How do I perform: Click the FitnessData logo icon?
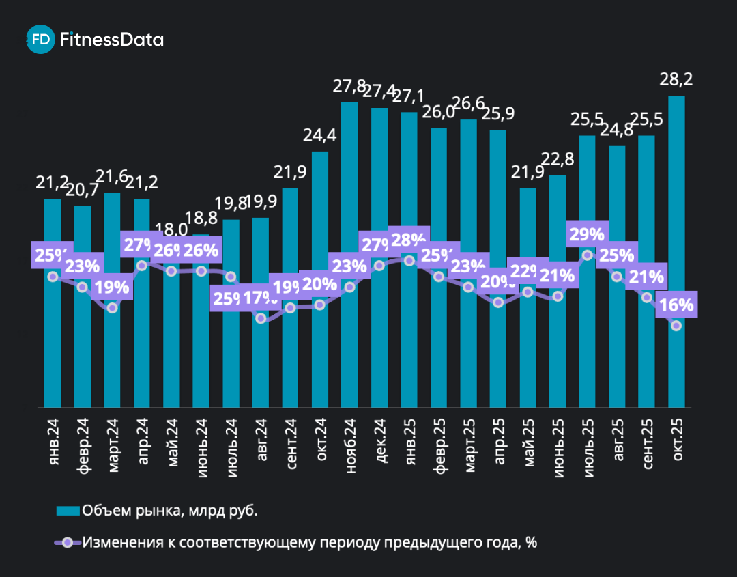pos(40,40)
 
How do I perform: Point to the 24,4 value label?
pos(320,136)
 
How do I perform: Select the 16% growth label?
pos(677,305)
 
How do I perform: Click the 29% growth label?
pos(587,234)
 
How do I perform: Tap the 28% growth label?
pos(408,239)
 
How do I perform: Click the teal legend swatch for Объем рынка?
pos(68,510)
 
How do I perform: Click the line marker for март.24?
pos(113,308)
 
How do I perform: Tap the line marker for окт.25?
pos(676,326)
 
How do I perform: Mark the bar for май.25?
pos(528,355)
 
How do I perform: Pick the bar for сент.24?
pos(290,362)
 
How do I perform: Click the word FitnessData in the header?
pos(112,40)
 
